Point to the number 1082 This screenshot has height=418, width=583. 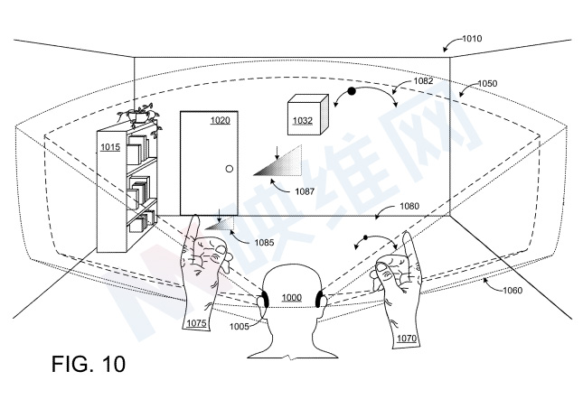[x=422, y=81]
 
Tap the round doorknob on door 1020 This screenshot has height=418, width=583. [x=229, y=169]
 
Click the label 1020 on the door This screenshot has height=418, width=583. [x=220, y=119]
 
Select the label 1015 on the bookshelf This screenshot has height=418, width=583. [x=110, y=146]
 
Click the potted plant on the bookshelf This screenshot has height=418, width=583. [x=141, y=115]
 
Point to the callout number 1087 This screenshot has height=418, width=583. [x=304, y=190]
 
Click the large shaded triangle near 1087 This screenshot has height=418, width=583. [x=282, y=161]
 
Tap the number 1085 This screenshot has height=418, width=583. [x=263, y=242]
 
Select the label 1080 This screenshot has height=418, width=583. [x=409, y=207]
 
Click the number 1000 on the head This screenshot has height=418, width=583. [x=291, y=297]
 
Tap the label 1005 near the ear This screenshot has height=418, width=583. [x=239, y=326]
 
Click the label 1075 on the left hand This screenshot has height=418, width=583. [x=196, y=322]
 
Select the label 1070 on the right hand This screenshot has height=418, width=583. [x=405, y=339]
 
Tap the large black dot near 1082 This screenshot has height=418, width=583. [x=351, y=91]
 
